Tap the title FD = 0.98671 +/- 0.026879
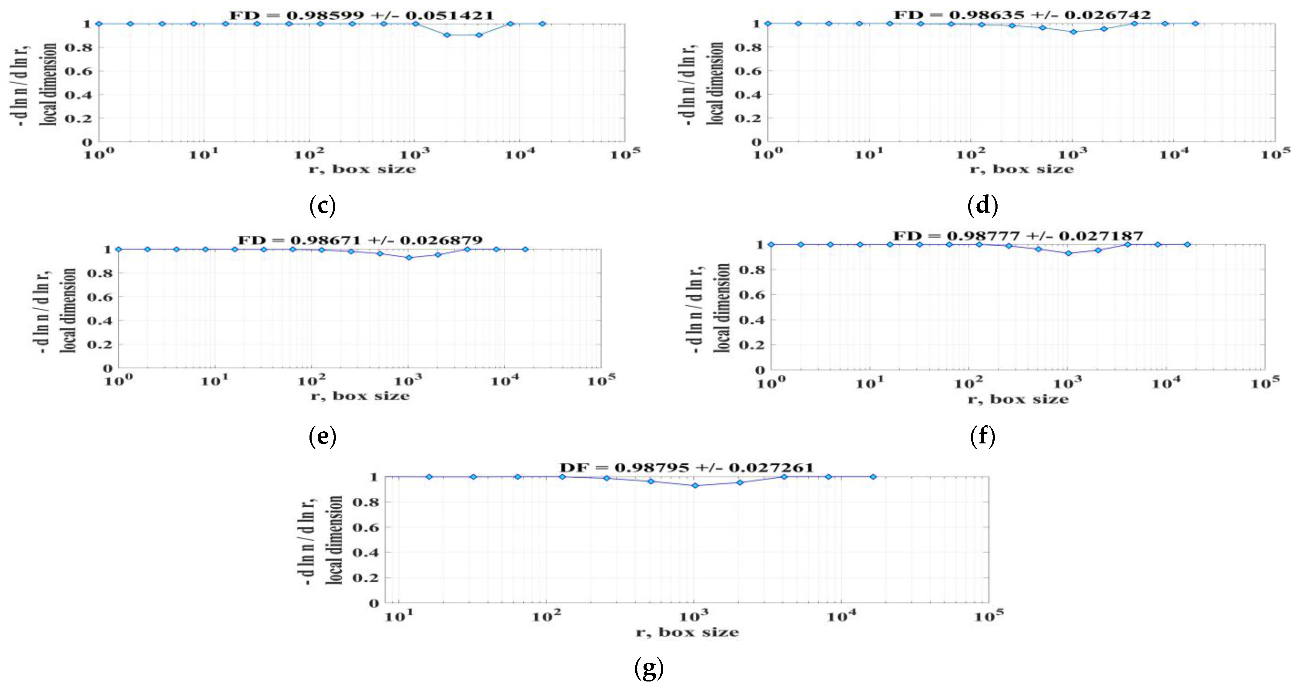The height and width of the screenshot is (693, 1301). (x=360, y=240)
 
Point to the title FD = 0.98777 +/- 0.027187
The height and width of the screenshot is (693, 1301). (x=1018, y=236)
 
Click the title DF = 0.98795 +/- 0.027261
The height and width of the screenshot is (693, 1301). (x=686, y=468)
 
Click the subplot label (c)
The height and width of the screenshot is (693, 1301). (x=322, y=206)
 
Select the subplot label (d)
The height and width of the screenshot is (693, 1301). (x=982, y=206)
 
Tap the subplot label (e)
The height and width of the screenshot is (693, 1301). (x=322, y=436)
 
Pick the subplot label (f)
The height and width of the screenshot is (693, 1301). (x=982, y=436)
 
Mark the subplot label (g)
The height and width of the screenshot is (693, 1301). (x=648, y=669)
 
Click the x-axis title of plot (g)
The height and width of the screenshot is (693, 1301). (x=687, y=632)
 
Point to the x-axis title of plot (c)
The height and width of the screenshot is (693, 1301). (x=362, y=169)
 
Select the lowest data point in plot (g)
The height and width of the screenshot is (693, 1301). (x=695, y=486)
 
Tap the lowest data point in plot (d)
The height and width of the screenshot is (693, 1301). (x=1074, y=32)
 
